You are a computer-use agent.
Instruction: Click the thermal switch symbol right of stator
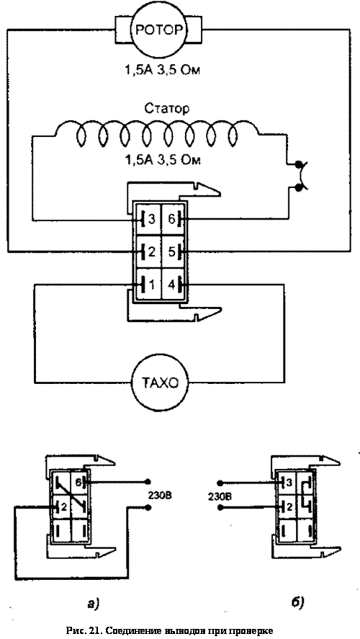302,176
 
